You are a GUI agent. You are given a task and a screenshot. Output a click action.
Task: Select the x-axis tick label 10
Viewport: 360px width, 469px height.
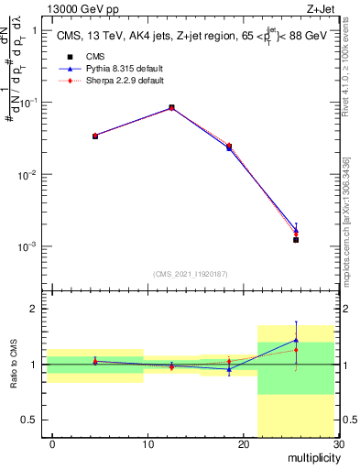point(147,444)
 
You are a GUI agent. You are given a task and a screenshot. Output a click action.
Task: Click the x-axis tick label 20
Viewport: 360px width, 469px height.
point(243,444)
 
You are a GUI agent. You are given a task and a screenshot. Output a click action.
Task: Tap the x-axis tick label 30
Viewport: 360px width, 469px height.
point(338,444)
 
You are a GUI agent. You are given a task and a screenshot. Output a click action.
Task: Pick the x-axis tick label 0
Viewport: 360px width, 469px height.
point(52,444)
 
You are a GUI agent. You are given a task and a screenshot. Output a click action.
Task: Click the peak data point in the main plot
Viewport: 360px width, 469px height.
point(172,107)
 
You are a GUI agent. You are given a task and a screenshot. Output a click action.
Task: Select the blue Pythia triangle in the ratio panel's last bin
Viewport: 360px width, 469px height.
point(296,340)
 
